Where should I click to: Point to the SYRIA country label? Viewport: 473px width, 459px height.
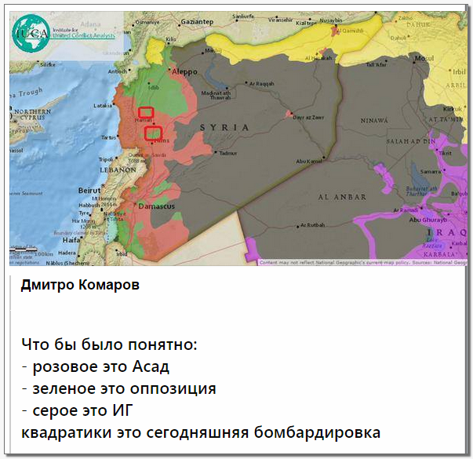[225, 126]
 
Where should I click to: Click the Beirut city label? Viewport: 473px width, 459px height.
[92, 189]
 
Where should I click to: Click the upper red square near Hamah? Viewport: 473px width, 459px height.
[145, 112]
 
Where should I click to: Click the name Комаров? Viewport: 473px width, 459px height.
[110, 286]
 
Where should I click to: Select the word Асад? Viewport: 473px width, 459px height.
[151, 366]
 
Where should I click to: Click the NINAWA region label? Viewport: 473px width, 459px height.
[374, 121]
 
